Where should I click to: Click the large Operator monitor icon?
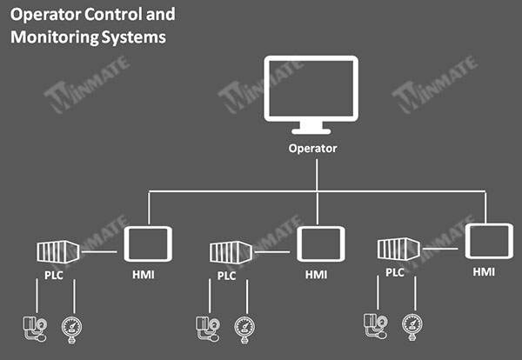(311, 60)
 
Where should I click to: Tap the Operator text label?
(312, 149)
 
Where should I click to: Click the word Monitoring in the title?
(55, 37)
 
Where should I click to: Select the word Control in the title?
(113, 15)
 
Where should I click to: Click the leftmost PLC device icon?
(58, 252)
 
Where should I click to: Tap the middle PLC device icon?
(231, 252)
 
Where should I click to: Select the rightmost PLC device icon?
(398, 249)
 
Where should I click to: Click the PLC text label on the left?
(54, 276)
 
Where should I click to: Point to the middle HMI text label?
(316, 275)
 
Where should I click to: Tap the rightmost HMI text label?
(484, 272)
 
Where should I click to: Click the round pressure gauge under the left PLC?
(71, 330)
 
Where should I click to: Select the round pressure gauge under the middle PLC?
(244, 330)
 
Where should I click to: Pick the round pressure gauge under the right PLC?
(412, 327)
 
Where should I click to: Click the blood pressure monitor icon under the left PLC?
(35, 329)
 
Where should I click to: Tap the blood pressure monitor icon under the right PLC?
(376, 326)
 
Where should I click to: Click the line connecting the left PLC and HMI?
(99, 252)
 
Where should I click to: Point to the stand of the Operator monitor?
(311, 129)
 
